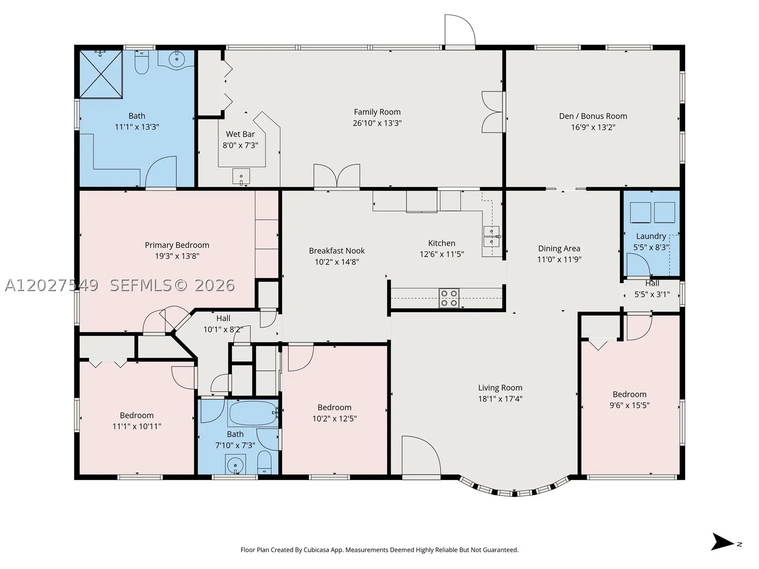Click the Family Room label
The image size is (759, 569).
(x=377, y=112)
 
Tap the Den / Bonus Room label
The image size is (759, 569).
(x=592, y=116)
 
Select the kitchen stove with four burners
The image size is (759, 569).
(x=449, y=298)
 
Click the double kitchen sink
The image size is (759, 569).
(x=491, y=236)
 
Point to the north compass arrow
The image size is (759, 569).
(x=722, y=541)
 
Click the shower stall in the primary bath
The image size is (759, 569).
(x=101, y=74)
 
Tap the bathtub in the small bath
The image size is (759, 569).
(x=253, y=413)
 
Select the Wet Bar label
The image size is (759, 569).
(x=241, y=134)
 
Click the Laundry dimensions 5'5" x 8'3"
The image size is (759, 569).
(x=651, y=248)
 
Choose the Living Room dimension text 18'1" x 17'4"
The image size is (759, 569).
(x=500, y=399)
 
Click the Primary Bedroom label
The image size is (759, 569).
(x=176, y=245)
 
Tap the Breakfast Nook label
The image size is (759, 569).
(x=337, y=250)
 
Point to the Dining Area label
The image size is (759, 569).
(x=559, y=248)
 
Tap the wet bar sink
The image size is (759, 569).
(x=241, y=176)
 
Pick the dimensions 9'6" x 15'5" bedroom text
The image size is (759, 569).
(x=629, y=405)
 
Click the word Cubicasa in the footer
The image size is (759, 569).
(x=316, y=550)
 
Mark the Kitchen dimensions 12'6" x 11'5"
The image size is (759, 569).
(x=442, y=254)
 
